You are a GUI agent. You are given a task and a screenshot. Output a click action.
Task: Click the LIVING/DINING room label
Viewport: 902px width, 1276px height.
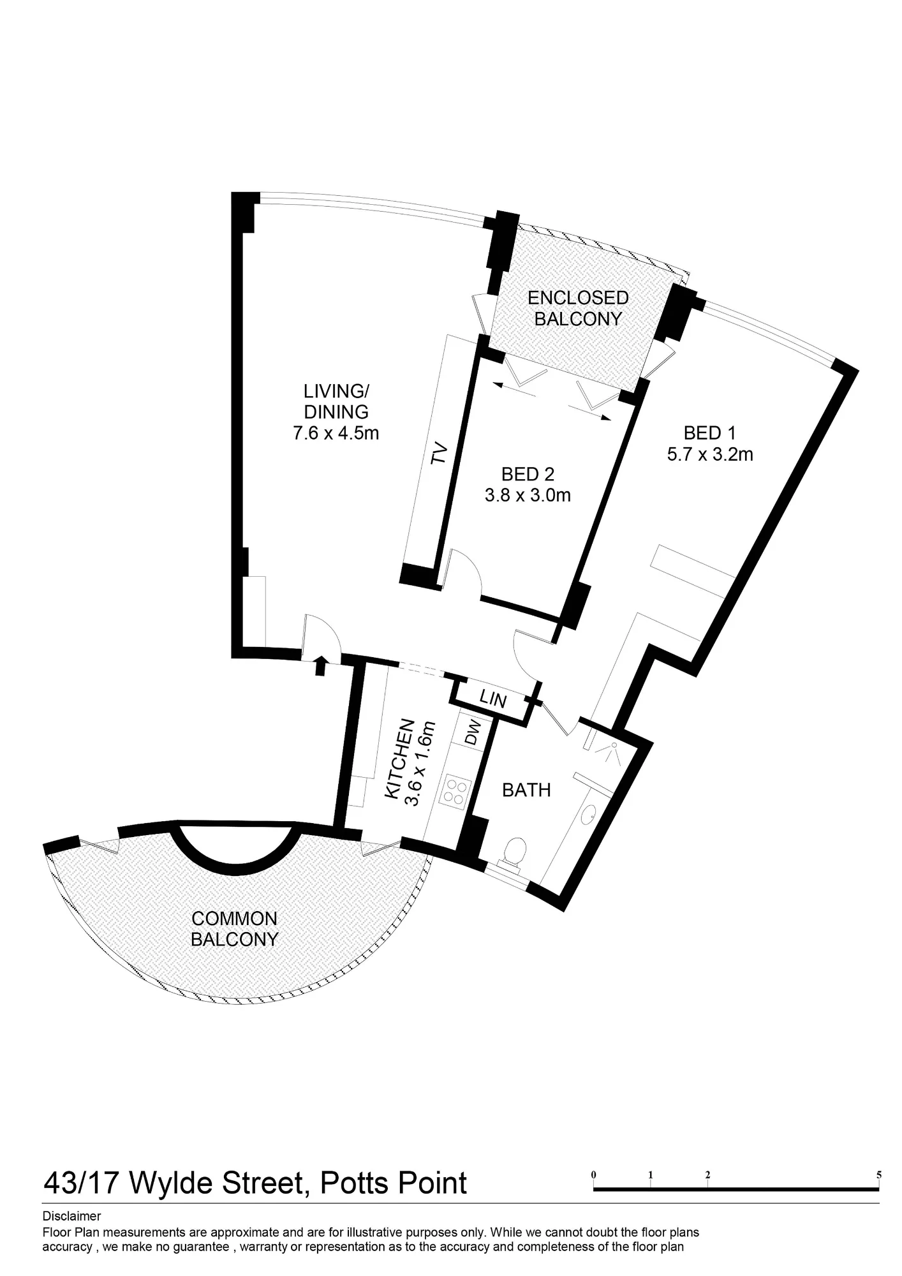coord(336,401)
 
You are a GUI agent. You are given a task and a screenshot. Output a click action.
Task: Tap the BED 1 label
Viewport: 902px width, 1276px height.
coord(709,433)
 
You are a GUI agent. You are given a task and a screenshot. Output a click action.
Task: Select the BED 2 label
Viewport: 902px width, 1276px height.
coord(528,474)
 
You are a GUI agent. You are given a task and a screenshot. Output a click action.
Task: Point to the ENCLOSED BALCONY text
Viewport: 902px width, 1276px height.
coord(578,308)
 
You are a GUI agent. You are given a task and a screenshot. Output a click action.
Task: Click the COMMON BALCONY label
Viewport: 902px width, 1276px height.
coord(235,929)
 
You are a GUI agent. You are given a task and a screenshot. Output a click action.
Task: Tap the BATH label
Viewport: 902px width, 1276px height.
coord(526,790)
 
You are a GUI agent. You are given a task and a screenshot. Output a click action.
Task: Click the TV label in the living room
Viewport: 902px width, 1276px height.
coord(438,454)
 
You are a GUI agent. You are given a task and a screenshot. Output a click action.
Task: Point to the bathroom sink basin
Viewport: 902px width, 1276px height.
coord(589,813)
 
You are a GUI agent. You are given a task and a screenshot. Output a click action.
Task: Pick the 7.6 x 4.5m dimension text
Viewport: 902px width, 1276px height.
coord(336,433)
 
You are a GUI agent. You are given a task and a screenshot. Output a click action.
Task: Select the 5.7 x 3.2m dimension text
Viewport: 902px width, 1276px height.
coord(710,454)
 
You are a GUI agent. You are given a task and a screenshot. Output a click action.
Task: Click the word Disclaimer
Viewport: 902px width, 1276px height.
coord(71,1217)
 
